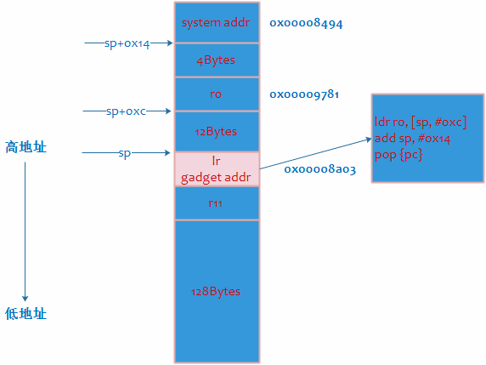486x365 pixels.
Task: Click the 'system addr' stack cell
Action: pos(216,23)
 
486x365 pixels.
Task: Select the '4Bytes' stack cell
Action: pos(216,60)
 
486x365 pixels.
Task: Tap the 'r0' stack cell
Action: pos(216,94)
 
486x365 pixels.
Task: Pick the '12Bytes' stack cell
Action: pos(216,132)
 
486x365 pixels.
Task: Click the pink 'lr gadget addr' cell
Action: pos(216,169)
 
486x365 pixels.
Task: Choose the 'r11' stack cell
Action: pos(216,203)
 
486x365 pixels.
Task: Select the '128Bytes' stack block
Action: pos(216,291)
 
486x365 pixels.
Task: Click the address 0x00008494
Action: pos(305,24)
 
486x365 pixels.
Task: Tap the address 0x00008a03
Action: pos(319,169)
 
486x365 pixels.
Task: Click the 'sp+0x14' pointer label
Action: pos(127,43)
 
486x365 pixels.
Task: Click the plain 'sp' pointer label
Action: pos(126,153)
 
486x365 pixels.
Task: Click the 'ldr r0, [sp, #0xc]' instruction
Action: pos(421,123)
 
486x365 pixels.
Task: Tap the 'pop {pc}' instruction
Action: pos(398,155)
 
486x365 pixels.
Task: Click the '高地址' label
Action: pos(25,147)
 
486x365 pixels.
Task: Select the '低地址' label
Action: pos(25,314)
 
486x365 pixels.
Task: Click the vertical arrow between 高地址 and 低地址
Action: pos(25,230)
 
